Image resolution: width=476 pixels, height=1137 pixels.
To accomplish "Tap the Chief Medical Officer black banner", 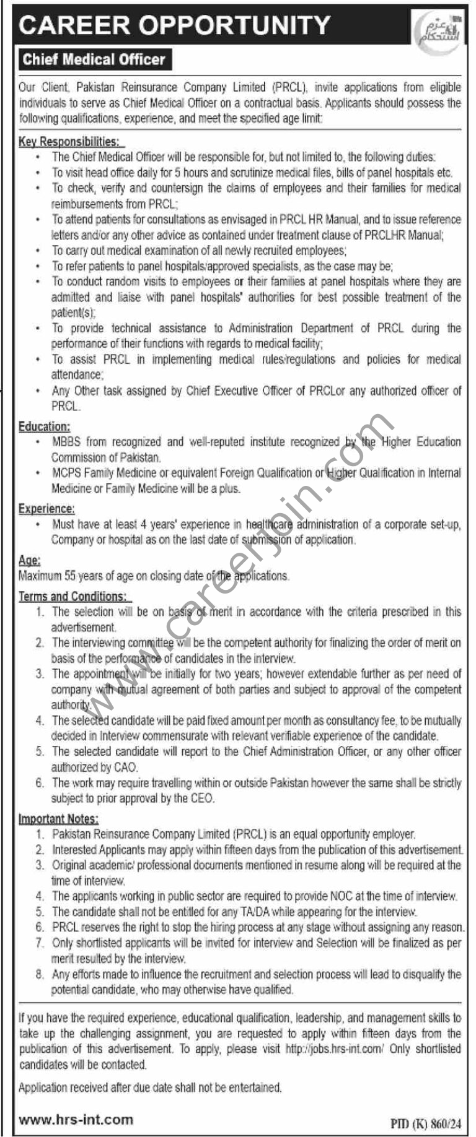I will point(94,60).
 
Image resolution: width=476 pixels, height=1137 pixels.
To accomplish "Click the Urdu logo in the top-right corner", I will point(437,29).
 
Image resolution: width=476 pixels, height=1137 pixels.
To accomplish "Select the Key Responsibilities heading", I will point(68,142).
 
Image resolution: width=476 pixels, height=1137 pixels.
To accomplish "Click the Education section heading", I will point(44,426).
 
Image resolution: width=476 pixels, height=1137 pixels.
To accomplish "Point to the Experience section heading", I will point(46,509).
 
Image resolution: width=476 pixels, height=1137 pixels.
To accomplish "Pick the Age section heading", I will point(29,560).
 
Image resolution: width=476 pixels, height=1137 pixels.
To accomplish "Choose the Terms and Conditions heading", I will point(73,596).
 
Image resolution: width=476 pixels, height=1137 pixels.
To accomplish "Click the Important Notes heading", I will point(58,819).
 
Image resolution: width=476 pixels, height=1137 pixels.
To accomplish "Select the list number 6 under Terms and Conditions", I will point(40,783).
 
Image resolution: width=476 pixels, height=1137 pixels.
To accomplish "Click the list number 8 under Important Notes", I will point(40,974).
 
